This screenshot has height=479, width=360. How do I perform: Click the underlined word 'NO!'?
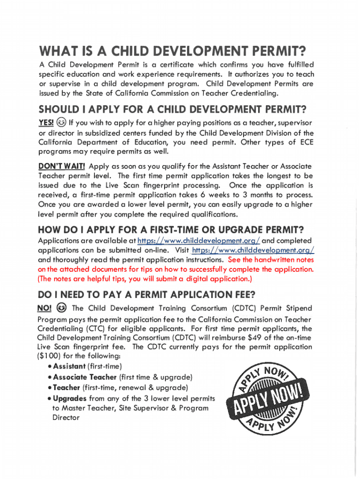coord(44,308)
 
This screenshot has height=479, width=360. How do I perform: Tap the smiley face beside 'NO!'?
coord(61,308)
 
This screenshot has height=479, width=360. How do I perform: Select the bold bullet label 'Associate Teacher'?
coord(85,377)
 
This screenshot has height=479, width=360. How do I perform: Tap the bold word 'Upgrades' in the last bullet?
coord(70,399)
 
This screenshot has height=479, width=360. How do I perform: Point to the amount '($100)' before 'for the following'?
coord(50,356)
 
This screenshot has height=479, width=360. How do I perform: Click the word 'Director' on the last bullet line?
coord(66,417)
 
